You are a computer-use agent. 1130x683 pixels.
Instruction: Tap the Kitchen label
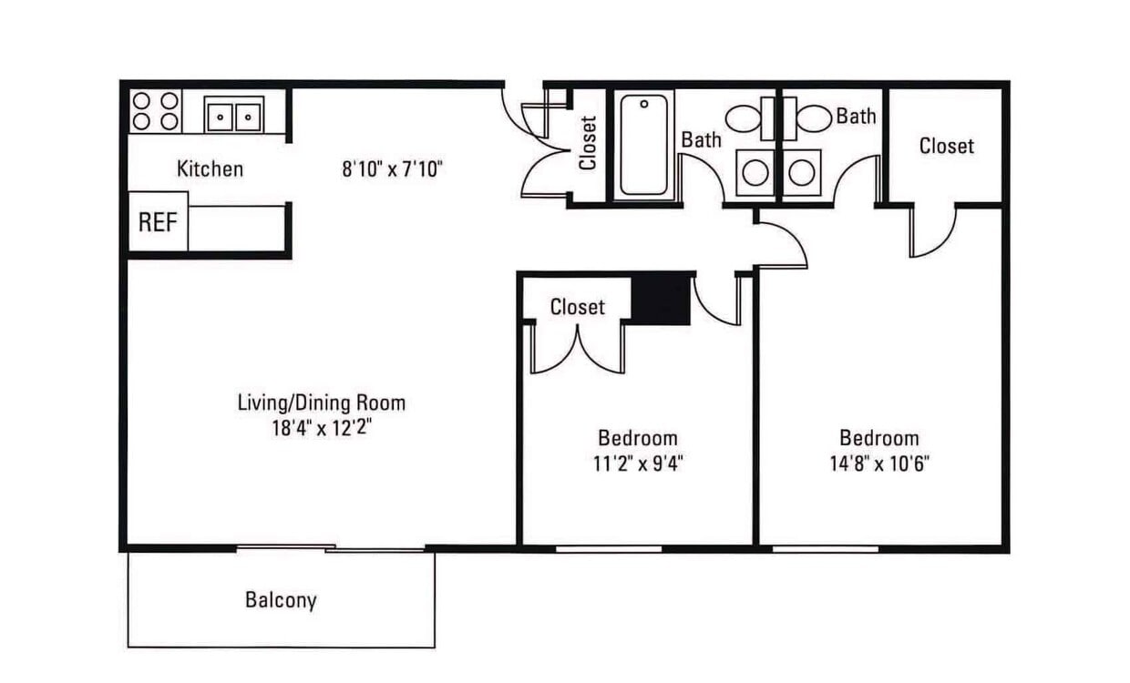(210, 168)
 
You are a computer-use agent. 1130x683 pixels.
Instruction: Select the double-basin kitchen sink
(233, 115)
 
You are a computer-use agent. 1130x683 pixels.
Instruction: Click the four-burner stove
(155, 111)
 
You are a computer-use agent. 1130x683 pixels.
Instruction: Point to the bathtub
(644, 145)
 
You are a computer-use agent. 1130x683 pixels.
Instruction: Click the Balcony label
(281, 600)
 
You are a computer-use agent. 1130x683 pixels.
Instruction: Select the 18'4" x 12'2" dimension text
(322, 428)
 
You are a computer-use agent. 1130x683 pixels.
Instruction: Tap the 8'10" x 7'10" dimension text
(392, 168)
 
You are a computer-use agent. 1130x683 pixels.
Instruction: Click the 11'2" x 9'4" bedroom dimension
(638, 464)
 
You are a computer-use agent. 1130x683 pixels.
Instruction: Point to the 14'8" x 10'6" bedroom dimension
(879, 464)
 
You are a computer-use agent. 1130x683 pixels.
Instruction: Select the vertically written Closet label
(588, 143)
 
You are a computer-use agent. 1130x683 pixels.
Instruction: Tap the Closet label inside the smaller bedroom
(578, 307)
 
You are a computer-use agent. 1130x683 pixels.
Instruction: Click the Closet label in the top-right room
(946, 147)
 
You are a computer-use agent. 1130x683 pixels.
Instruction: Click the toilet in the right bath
(806, 118)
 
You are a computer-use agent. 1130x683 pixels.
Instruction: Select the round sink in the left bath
(755, 173)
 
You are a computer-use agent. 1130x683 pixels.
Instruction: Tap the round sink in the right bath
(802, 173)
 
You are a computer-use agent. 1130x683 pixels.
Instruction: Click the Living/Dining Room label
(322, 403)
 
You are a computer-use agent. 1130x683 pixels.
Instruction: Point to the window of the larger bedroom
(826, 549)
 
